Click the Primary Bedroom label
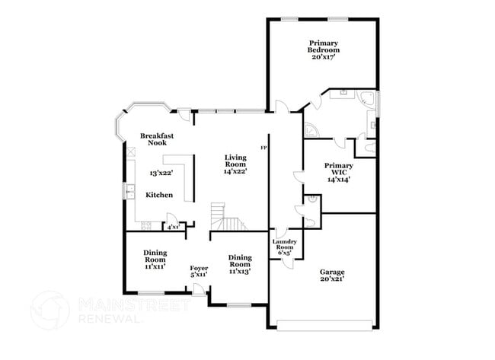(324, 46)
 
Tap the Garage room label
(331, 275)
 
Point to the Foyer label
(199, 268)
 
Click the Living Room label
(235, 161)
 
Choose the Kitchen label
(159, 196)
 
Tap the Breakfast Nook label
(158, 139)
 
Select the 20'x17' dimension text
(324, 58)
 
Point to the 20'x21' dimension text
(331, 279)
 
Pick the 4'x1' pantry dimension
(173, 226)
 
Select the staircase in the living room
(225, 216)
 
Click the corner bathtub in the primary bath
(365, 99)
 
